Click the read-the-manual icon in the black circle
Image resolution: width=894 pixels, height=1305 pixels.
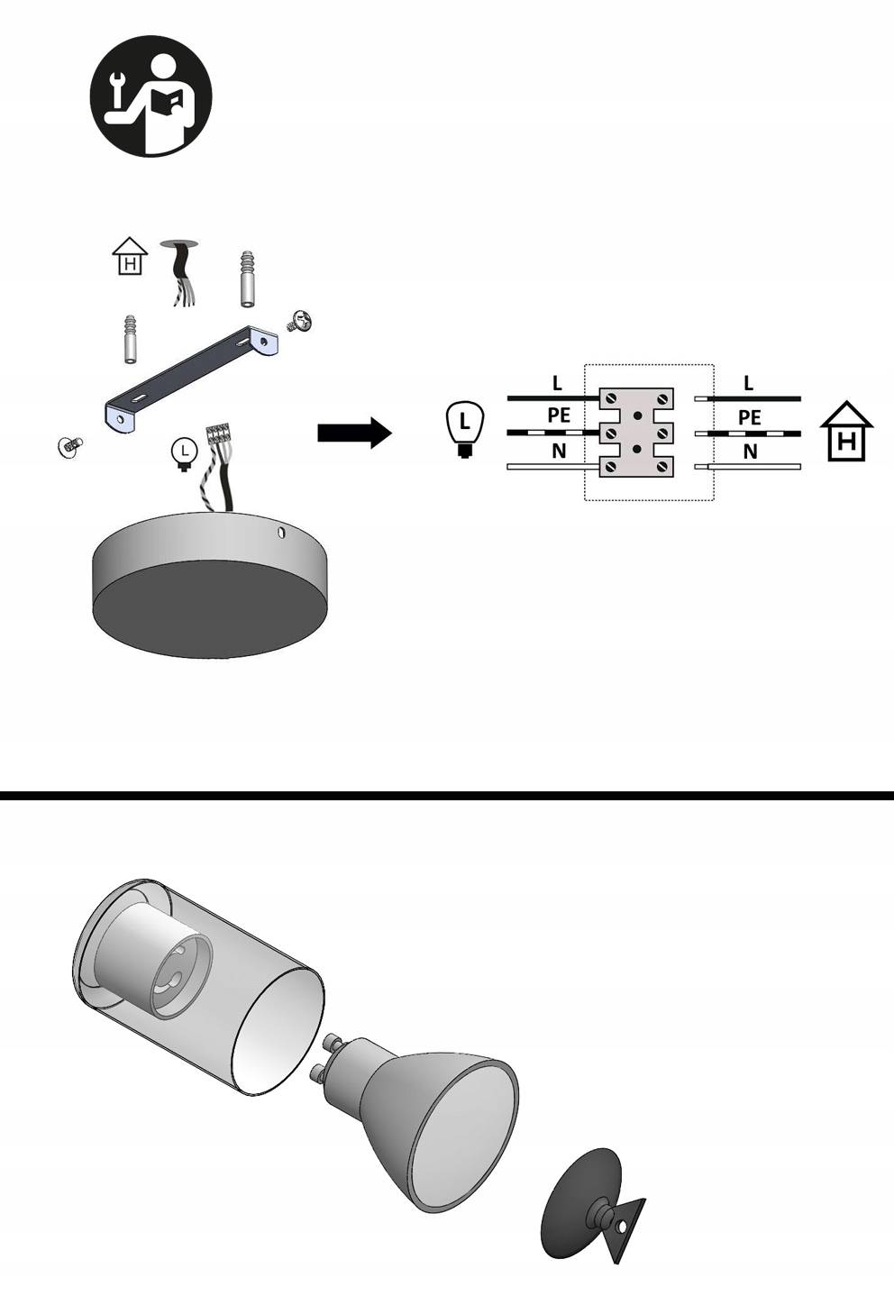coord(151,96)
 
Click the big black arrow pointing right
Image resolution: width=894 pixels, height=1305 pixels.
coord(354,433)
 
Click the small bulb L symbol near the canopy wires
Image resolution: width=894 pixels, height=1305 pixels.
coord(184,452)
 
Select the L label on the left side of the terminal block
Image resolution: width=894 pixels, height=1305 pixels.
coord(557,384)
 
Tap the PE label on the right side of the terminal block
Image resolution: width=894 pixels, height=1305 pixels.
coord(749,418)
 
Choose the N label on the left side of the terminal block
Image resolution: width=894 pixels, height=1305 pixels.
coord(559,451)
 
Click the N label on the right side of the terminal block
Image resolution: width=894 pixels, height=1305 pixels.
coord(750,452)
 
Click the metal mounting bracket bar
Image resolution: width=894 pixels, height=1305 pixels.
coord(189,379)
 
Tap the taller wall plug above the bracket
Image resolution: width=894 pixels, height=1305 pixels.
coord(249,278)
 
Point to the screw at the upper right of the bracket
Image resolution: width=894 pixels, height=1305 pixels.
coord(299,321)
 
